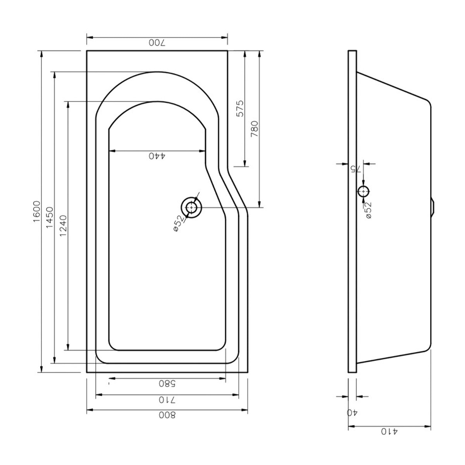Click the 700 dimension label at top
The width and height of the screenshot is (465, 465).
[x=157, y=43]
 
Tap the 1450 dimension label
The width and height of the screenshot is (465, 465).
[x=50, y=218]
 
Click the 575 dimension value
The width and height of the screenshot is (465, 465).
[x=240, y=108]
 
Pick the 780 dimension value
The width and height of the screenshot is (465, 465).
[x=255, y=129]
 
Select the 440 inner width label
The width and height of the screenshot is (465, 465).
[x=157, y=156]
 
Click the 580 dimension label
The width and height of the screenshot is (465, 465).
[x=167, y=384]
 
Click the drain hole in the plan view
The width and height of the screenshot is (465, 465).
[x=191, y=208]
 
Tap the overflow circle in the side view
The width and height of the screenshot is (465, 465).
[x=363, y=191]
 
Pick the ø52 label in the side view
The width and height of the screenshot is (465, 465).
[x=369, y=210]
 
